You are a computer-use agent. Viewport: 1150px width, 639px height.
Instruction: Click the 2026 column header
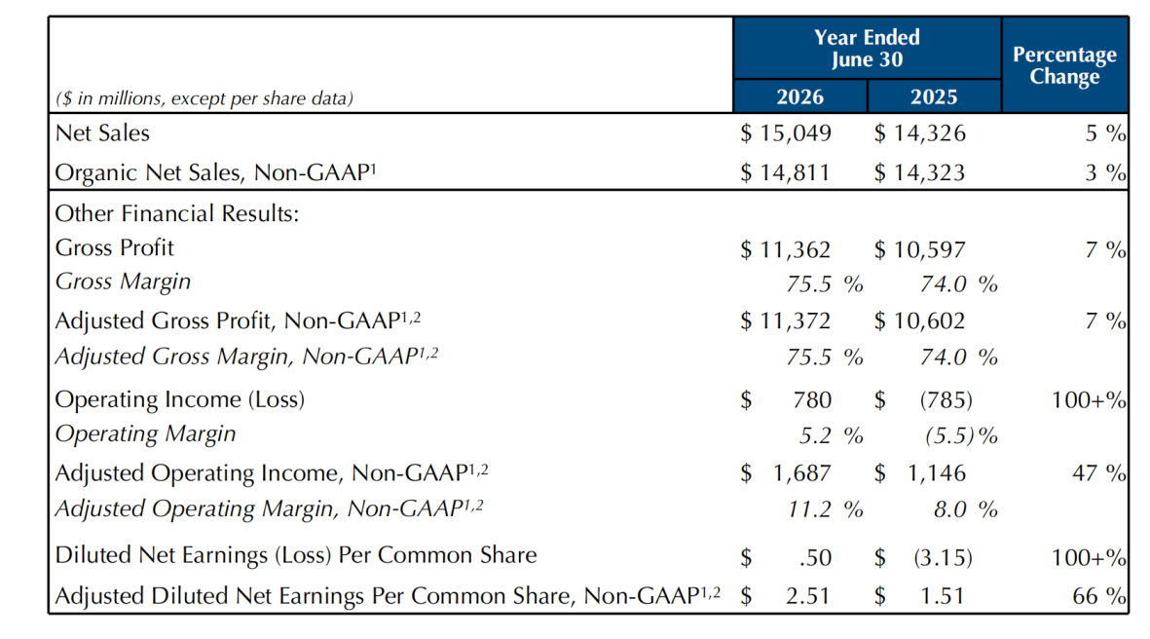pyautogui.click(x=799, y=96)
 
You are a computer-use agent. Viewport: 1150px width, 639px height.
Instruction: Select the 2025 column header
pyautogui.click(x=934, y=96)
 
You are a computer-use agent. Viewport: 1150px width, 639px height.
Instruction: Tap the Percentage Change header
pyautogui.click(x=1064, y=65)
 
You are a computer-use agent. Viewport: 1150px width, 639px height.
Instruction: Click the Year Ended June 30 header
pyautogui.click(x=867, y=49)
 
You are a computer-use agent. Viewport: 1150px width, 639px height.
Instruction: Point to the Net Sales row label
pyautogui.click(x=102, y=132)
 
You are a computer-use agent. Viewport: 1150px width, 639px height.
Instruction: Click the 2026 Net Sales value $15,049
pyautogui.click(x=786, y=132)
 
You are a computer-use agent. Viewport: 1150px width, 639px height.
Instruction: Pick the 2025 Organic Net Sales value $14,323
pyautogui.click(x=919, y=172)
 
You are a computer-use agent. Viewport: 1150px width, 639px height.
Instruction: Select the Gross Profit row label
pyautogui.click(x=114, y=248)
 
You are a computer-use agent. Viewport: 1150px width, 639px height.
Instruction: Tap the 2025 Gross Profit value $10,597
pyautogui.click(x=919, y=249)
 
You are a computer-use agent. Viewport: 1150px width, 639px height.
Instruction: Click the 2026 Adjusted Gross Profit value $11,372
pyautogui.click(x=786, y=320)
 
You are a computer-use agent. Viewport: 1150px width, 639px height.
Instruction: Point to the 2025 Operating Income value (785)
pyautogui.click(x=946, y=399)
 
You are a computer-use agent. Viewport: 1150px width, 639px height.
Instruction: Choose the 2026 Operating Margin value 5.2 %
pyautogui.click(x=831, y=435)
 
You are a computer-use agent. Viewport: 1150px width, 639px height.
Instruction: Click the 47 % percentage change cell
pyautogui.click(x=1098, y=473)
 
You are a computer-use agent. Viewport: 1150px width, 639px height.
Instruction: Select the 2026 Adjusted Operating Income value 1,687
pyautogui.click(x=801, y=473)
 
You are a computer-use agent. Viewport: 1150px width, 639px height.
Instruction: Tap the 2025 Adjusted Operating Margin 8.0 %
pyautogui.click(x=965, y=509)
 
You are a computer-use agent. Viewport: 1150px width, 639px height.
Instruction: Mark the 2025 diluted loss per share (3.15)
pyautogui.click(x=944, y=557)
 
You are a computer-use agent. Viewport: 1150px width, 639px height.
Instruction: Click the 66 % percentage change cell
pyautogui.click(x=1098, y=596)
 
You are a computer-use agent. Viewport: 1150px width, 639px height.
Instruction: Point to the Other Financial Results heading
pyautogui.click(x=177, y=213)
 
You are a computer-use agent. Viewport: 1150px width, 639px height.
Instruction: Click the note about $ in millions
pyautogui.click(x=204, y=98)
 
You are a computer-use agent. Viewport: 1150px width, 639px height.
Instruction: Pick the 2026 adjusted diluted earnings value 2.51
pyautogui.click(x=807, y=596)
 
